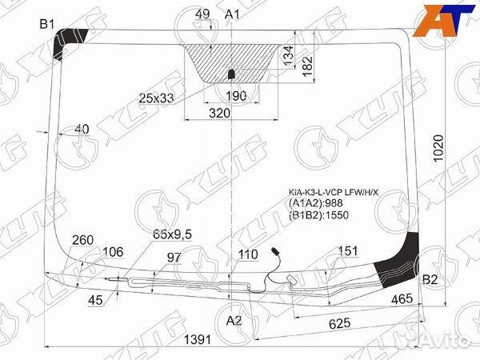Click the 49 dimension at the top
202,14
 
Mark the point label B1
47,24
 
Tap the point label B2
430,280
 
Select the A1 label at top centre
233,14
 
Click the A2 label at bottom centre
233,321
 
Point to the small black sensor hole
231,74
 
